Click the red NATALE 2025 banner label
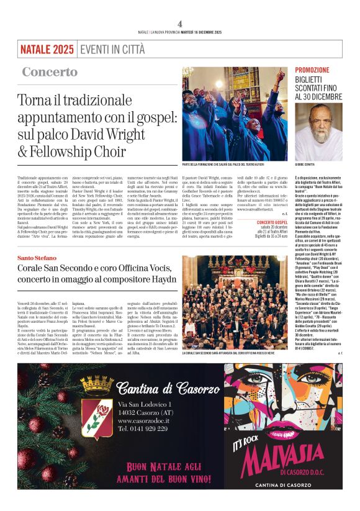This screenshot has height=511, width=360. (47, 49)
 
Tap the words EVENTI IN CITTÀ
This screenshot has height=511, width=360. (111, 49)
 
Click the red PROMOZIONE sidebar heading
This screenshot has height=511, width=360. (312, 70)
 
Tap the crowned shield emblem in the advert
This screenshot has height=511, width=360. (97, 404)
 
